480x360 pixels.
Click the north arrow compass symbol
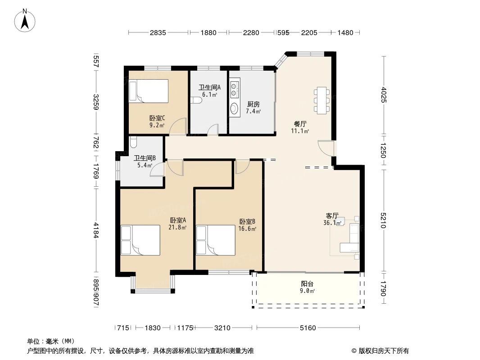click(x=25, y=21)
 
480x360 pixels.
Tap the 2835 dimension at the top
click(x=158, y=32)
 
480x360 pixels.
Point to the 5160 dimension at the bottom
click(x=308, y=328)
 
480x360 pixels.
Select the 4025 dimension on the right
click(x=384, y=95)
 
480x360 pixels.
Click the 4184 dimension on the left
click(x=96, y=230)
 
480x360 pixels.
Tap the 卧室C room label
click(x=157, y=118)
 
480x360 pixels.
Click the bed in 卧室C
click(x=149, y=91)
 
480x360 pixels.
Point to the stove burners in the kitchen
click(x=235, y=88)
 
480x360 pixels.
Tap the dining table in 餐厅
click(x=322, y=100)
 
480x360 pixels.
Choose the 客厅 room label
click(x=332, y=216)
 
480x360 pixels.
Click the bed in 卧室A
click(x=140, y=240)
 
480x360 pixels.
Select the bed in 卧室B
click(x=216, y=240)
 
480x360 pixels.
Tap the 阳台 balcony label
click(x=307, y=284)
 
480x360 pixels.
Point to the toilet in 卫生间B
click(x=133, y=142)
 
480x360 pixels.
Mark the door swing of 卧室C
click(x=178, y=126)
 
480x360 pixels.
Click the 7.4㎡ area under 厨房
click(x=254, y=111)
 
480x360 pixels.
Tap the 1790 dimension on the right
click(x=384, y=288)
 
